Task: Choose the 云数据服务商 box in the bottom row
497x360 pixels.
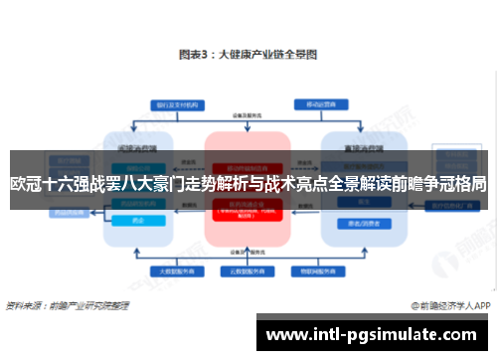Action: (243, 270)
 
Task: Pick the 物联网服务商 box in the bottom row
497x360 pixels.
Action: (316, 270)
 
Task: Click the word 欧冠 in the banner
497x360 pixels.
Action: (28, 184)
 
